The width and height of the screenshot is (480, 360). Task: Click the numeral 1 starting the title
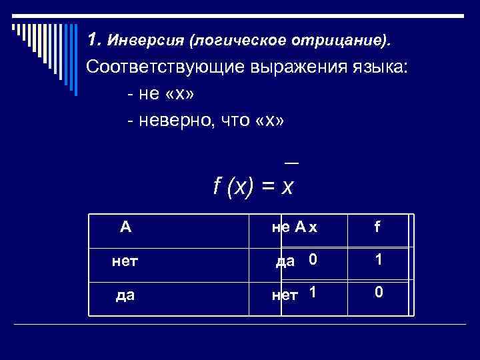[93, 40]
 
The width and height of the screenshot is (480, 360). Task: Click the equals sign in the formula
[268, 189]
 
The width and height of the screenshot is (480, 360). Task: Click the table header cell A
[125, 228]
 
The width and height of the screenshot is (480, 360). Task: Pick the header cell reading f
[377, 228]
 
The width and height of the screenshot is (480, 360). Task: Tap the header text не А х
[294, 228]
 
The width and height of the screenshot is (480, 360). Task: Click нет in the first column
[125, 261]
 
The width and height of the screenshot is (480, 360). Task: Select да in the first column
[125, 293]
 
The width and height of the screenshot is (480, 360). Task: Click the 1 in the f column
[378, 260]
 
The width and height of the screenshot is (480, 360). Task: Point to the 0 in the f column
[378, 292]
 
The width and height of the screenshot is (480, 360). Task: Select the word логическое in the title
[237, 41]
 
